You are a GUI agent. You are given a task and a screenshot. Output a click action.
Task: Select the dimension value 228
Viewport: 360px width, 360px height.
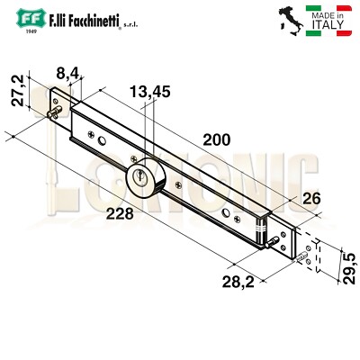[120, 213]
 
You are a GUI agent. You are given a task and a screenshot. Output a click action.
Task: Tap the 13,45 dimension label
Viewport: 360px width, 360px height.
[148, 91]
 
